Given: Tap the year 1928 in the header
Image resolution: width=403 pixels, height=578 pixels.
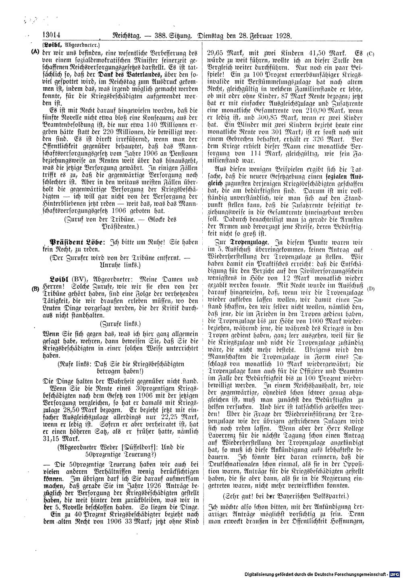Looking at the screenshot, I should tap(283, 36).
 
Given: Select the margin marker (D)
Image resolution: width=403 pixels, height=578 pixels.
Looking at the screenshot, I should tap(371, 288).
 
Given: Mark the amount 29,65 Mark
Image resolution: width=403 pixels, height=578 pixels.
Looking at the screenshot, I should tap(224, 53).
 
